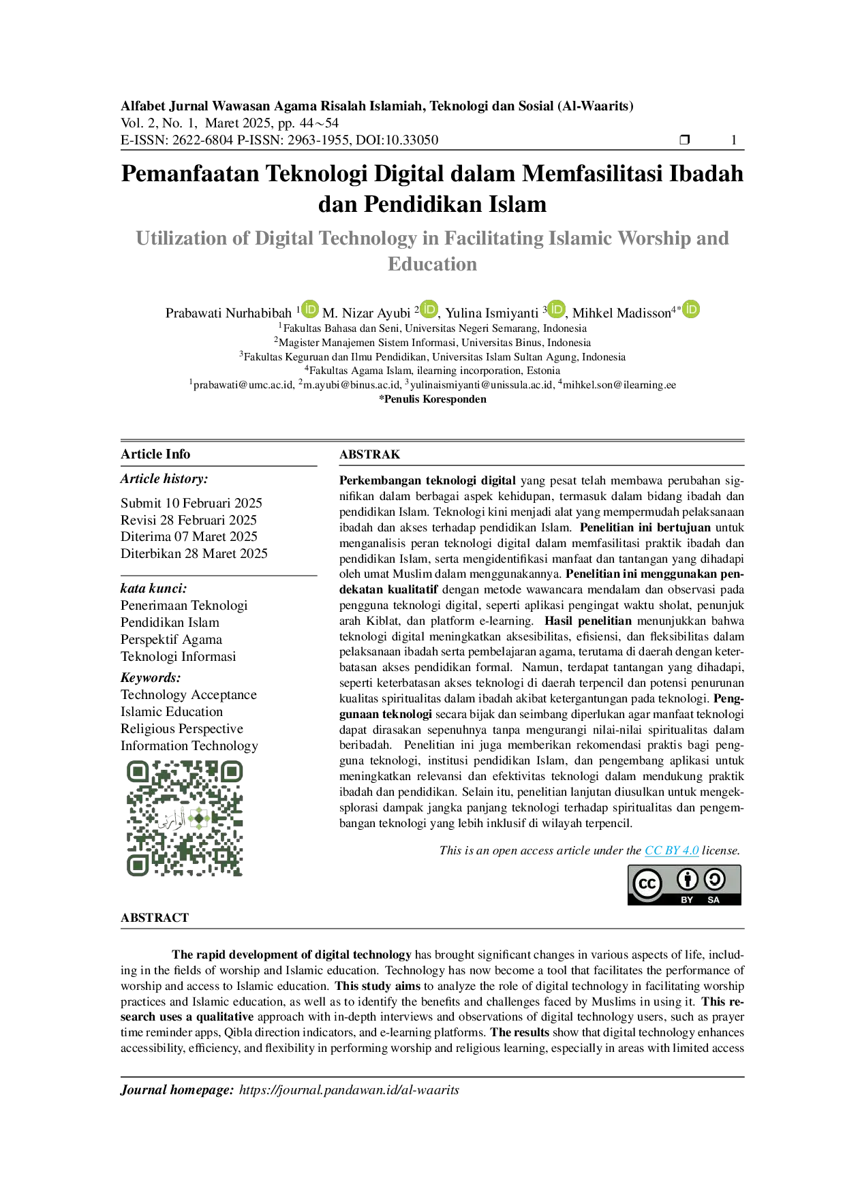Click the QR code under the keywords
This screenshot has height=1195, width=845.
185,818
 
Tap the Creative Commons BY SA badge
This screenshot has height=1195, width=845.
683,885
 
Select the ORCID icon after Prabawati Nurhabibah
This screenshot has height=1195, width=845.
310,309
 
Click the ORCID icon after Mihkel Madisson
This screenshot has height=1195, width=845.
691,309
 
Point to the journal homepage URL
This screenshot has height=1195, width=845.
349,1090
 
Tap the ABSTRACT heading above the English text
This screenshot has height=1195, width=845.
155,918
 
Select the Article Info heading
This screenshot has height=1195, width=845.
155,454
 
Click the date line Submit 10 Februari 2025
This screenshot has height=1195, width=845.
191,503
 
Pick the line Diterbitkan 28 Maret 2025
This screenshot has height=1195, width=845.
194,553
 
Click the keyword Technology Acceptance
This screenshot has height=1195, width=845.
189,695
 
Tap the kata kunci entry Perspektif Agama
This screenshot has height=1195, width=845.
171,640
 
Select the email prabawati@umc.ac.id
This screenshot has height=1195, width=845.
243,385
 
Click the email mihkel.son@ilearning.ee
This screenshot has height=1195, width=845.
619,385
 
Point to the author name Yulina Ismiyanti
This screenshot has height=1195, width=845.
491,313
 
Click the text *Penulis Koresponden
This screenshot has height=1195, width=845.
433,399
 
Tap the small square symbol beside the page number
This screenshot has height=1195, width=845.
685,140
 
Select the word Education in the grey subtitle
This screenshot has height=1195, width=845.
433,264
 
